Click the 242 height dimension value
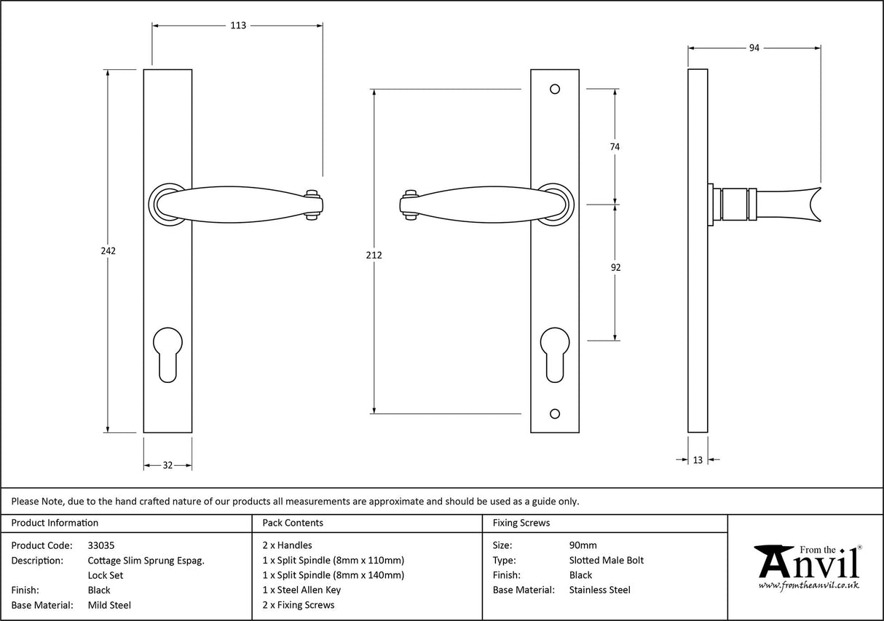[108, 250]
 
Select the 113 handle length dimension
[238, 25]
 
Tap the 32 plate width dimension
[167, 465]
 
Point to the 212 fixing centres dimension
[374, 255]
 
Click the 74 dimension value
[615, 146]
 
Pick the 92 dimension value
[615, 267]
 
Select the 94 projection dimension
[754, 48]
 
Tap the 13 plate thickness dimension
[698, 459]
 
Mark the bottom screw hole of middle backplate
[555, 414]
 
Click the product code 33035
[100, 545]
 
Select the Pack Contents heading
[293, 523]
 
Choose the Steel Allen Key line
[301, 590]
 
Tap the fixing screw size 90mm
[583, 545]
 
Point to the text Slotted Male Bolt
[606, 560]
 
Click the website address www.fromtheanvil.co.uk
[808, 585]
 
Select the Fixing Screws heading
[521, 523]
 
